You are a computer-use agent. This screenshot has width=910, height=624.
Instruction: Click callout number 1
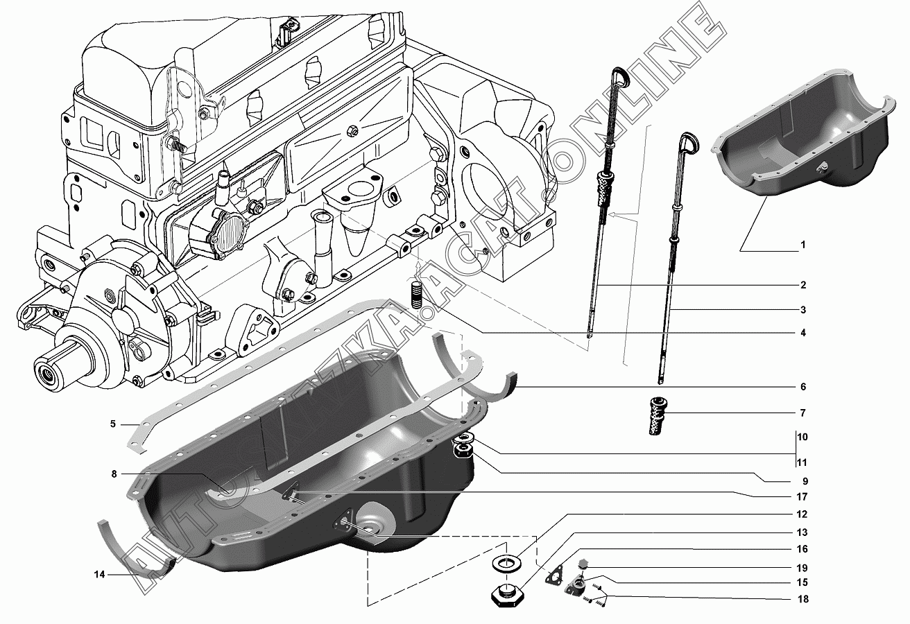point(802,245)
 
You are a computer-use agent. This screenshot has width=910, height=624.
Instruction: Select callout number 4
point(802,333)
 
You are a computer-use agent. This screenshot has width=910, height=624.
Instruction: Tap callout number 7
point(802,413)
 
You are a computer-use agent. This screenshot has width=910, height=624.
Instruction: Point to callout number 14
point(100,574)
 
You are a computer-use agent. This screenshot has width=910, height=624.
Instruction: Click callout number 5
point(113,424)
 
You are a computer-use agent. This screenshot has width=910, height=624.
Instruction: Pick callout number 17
point(802,497)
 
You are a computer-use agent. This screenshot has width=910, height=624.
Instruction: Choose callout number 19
point(802,567)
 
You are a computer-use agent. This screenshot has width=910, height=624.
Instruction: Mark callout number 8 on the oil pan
point(113,474)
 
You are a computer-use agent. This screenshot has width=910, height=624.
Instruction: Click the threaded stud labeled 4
point(417,295)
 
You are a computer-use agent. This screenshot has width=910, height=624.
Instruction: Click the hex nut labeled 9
point(463,453)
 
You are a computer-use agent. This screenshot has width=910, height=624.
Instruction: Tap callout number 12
point(802,515)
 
